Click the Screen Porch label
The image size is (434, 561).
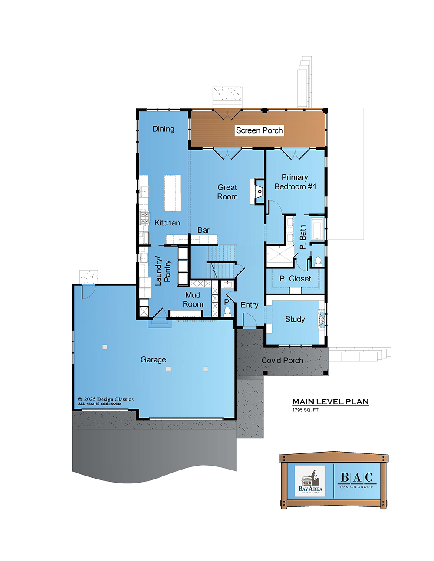pos(259,130)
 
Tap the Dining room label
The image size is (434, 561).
pos(163,129)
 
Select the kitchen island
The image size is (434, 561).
pos(173,193)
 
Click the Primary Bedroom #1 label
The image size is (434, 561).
pos(295,182)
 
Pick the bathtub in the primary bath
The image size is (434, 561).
pos(317,229)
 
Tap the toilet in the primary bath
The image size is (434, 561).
pos(318,261)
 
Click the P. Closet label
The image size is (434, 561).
pos(295,279)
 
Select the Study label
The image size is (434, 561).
pos(295,320)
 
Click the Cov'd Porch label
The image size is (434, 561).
pos(282,360)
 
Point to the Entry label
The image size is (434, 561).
pos(249,305)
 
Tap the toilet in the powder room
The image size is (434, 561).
pos(227,312)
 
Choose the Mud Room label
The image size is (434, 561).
pos(193,300)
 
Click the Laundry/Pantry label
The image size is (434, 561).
pos(163,271)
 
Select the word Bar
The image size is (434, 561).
pos(203,230)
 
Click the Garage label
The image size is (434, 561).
pos(153,359)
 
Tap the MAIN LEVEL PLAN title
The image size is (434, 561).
pos(330,402)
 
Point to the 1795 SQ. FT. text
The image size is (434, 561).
pos(306,410)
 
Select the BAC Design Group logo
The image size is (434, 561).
pos(356,480)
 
